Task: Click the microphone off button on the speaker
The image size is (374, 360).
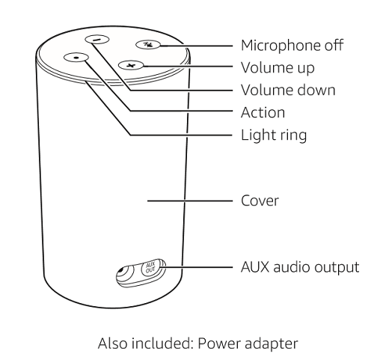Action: click(148, 44)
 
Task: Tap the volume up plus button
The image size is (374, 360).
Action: click(131, 65)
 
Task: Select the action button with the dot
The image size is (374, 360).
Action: click(76, 58)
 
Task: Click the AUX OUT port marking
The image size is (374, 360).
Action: click(151, 267)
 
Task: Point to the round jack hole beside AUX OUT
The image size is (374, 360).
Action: click(122, 271)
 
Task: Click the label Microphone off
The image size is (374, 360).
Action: click(292, 46)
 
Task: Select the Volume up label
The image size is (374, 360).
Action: click(278, 67)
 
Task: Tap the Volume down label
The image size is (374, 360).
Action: click(288, 90)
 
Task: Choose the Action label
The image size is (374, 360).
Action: click(263, 112)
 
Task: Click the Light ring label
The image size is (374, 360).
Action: click(274, 135)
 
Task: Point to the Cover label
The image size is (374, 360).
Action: click(260, 201)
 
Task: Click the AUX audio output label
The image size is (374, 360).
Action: click(300, 267)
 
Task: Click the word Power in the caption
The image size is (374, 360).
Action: click(218, 344)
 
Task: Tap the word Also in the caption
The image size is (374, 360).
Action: click(112, 344)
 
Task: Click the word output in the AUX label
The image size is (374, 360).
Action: click(337, 268)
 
